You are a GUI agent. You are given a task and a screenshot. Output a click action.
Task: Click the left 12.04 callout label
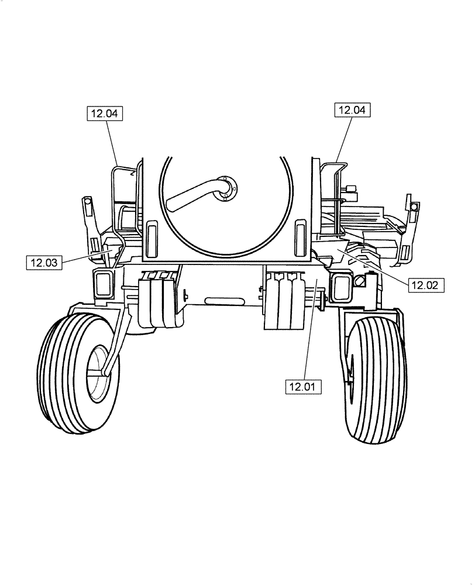(x=105, y=113)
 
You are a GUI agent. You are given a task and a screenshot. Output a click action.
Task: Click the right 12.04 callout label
(x=353, y=109)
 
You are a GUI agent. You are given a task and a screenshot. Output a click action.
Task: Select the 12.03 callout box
(x=43, y=263)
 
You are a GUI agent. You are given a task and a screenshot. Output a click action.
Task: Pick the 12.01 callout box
(x=303, y=386)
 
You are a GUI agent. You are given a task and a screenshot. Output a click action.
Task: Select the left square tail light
(x=103, y=285)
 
